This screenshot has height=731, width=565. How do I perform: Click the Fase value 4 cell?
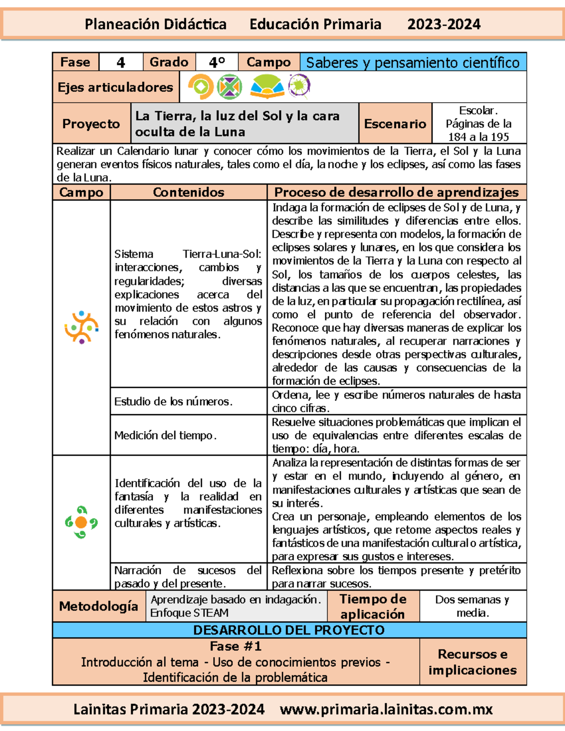pyautogui.click(x=121, y=62)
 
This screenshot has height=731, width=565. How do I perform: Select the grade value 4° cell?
pyautogui.click(x=217, y=62)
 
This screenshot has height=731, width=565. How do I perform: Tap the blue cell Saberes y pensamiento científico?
pyautogui.click(x=413, y=62)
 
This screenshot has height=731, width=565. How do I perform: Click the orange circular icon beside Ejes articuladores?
pyautogui.click(x=201, y=87)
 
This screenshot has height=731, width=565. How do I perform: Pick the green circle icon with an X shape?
pyautogui.click(x=229, y=87)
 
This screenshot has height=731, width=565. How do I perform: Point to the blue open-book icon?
pyautogui.click(x=267, y=87)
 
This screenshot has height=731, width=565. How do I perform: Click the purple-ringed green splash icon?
pyautogui.click(x=299, y=86)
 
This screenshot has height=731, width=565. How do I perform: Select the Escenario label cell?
pyautogui.click(x=395, y=124)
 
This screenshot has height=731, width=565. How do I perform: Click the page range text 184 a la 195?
pyautogui.click(x=478, y=137)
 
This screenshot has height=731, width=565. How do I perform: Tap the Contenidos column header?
pyautogui.click(x=188, y=192)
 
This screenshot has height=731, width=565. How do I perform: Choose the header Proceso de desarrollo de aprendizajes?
pyautogui.click(x=396, y=192)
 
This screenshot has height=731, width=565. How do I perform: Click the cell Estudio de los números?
pyautogui.click(x=173, y=402)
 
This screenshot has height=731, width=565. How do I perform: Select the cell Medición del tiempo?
pyautogui.click(x=165, y=435)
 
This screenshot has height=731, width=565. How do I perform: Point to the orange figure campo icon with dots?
pyautogui.click(x=81, y=327)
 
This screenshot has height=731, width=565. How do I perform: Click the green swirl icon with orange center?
pyautogui.click(x=81, y=522)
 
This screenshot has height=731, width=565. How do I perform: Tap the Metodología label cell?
pyautogui.click(x=98, y=606)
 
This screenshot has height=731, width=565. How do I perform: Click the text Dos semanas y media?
pyautogui.click(x=472, y=606)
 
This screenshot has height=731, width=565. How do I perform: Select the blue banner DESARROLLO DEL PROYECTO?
pyautogui.click(x=289, y=630)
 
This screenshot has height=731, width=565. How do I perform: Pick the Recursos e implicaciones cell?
pyautogui.click(x=472, y=662)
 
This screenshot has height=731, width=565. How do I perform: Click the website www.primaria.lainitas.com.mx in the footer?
pyautogui.click(x=386, y=709)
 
